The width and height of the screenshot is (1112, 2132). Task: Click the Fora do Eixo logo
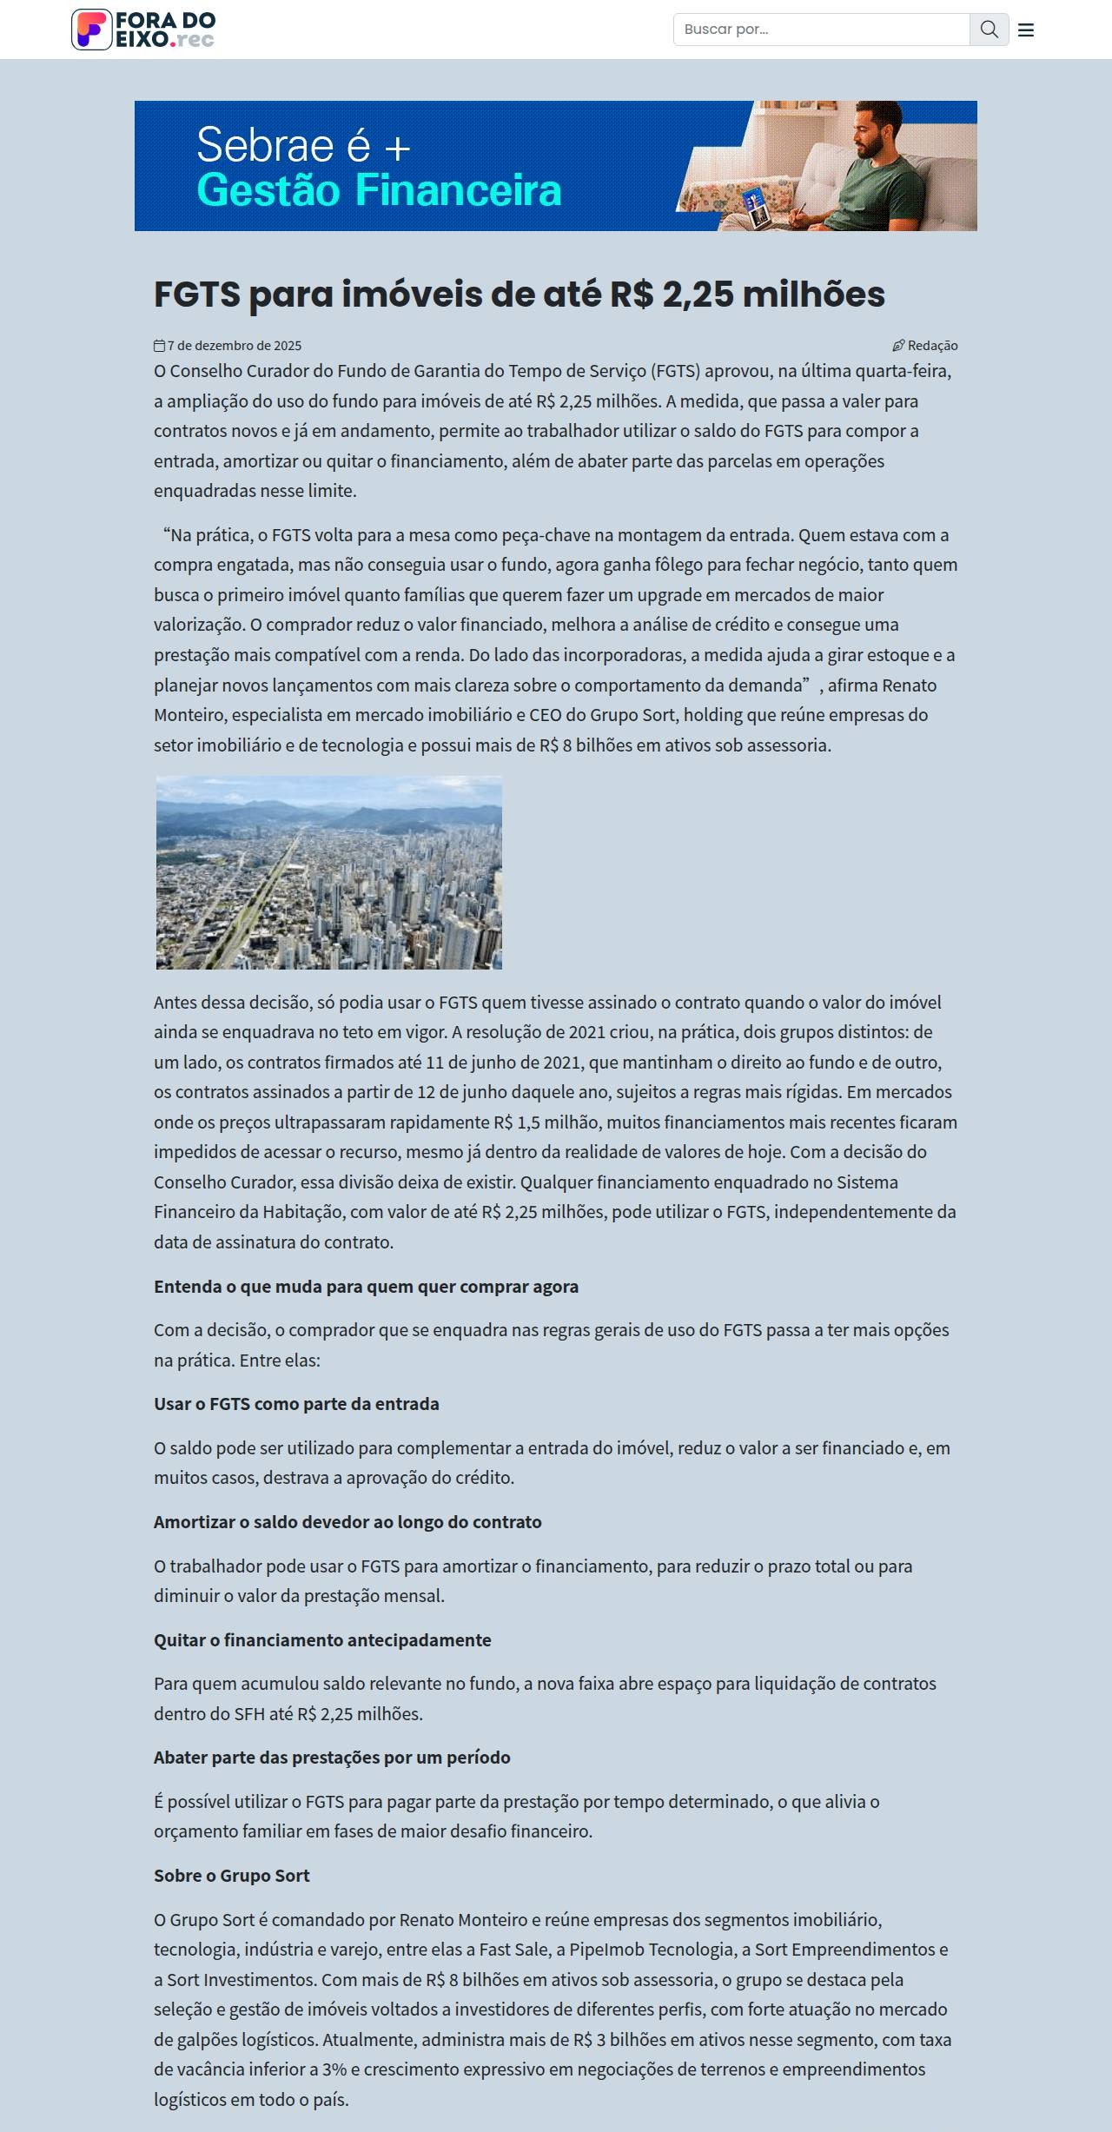(143, 30)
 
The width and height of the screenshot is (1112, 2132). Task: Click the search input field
(821, 30)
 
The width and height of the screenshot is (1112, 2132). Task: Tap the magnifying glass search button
(989, 30)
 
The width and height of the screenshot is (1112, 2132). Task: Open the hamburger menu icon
(1026, 30)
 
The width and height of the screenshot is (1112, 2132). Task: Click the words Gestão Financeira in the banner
(379, 190)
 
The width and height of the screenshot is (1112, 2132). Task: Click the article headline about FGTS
(519, 295)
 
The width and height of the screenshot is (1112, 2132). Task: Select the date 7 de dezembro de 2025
(235, 346)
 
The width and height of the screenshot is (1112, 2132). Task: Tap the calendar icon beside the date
(160, 346)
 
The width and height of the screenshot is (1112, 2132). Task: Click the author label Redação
(933, 346)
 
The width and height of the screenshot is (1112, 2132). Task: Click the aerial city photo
(329, 872)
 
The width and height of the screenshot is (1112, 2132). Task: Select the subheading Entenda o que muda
(366, 1287)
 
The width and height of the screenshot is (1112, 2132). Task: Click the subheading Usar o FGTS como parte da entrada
(296, 1404)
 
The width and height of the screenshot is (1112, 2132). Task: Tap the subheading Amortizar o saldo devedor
(347, 1522)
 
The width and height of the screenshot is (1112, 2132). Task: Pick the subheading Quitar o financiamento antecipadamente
(322, 1640)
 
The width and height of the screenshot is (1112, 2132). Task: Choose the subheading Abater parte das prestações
(332, 1758)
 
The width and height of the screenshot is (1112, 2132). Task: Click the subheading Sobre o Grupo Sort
(231, 1876)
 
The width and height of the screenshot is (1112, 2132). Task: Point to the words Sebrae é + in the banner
(303, 145)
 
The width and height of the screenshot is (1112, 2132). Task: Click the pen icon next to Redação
(898, 346)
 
